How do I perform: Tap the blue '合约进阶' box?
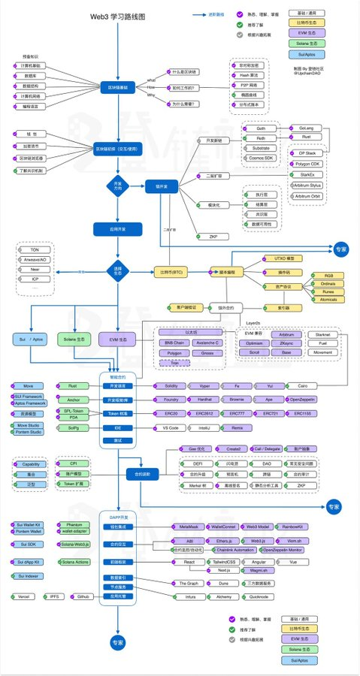tap(116, 475)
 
